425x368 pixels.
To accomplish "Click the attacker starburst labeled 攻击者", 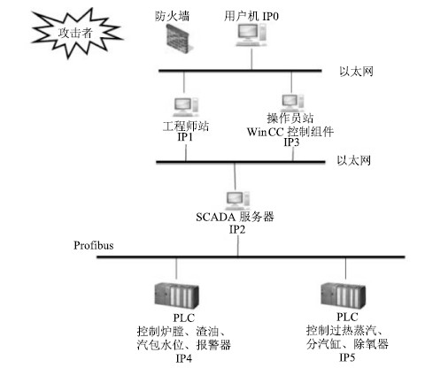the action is [x=76, y=33].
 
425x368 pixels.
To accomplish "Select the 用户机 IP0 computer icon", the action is [x=251, y=34].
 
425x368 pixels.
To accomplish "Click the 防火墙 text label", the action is [x=172, y=16].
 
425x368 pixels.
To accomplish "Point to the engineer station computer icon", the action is [x=186, y=106].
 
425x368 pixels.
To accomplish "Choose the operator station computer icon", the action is [x=292, y=103].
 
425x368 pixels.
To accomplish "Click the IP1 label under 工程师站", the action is [x=185, y=137].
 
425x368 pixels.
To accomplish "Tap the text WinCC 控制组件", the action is [x=290, y=132].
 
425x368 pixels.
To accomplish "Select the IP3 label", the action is [x=291, y=142].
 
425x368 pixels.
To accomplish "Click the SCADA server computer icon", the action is [x=238, y=200].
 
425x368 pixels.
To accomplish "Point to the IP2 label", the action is [x=237, y=229].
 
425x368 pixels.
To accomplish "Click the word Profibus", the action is [x=94, y=245].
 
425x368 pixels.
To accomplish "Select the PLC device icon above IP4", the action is [x=176, y=295].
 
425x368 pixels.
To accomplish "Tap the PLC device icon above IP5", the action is [x=343, y=295].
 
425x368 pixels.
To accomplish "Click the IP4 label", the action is [x=184, y=358].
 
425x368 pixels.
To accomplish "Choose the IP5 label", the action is [x=347, y=357].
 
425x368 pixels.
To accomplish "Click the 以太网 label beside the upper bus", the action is [x=356, y=72].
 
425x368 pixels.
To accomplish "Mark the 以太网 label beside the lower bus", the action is [x=354, y=160].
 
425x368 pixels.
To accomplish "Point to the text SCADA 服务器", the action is [x=235, y=217].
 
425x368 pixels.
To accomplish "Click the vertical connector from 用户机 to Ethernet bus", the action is [x=251, y=58].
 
